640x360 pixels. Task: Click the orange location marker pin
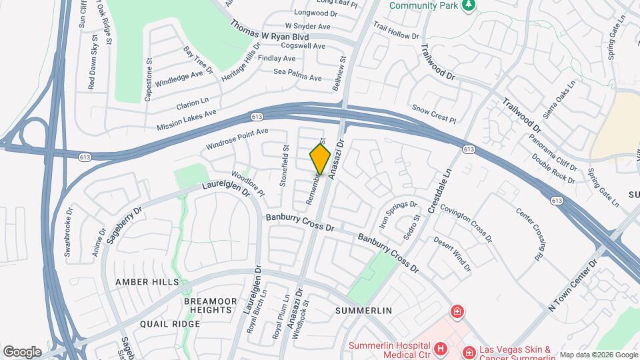(x=320, y=159)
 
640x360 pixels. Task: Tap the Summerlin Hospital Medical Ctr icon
(x=440, y=349)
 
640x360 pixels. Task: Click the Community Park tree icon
(x=469, y=5)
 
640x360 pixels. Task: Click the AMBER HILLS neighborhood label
(x=147, y=282)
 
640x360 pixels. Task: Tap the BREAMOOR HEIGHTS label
(x=211, y=307)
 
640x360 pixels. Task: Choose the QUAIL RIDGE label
(x=170, y=324)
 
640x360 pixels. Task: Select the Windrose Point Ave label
(x=237, y=139)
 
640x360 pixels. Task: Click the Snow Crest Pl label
(x=433, y=113)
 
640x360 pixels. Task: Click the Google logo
(x=22, y=351)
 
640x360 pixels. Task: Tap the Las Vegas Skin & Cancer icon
(x=469, y=351)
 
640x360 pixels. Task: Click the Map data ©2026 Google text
(x=597, y=355)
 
